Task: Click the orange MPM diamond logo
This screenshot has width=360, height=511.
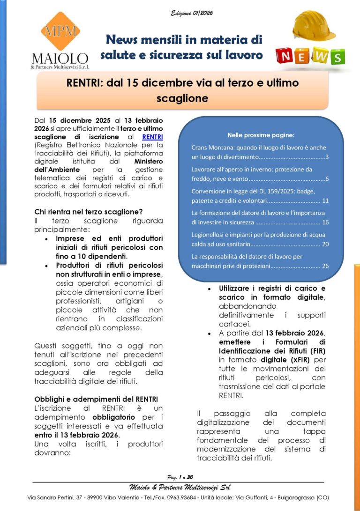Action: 60,31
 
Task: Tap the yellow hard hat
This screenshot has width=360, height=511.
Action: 314,26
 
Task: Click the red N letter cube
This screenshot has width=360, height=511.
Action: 285,57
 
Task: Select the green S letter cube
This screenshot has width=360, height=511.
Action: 337,57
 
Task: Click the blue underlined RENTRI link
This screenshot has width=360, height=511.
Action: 152,137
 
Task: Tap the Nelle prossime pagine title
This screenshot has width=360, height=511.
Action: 260,135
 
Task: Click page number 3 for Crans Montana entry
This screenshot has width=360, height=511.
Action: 327,156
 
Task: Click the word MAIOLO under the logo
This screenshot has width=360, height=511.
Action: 60,59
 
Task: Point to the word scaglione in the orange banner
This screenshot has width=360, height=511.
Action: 183,98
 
